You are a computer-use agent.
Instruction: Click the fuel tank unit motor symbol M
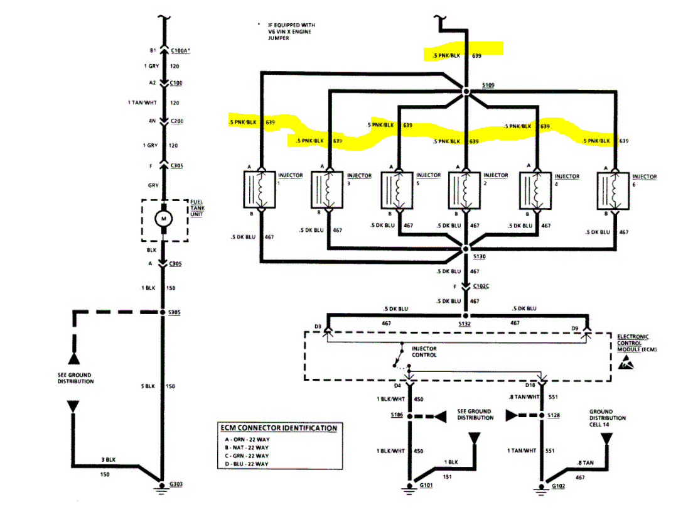point(164,219)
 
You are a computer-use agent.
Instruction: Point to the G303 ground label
point(178,484)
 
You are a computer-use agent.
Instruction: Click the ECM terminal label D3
point(318,327)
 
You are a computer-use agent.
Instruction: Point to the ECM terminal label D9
point(574,327)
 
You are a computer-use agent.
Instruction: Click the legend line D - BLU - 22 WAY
point(244,464)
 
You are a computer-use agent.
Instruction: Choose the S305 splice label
point(175,312)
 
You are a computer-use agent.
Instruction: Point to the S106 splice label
point(396,415)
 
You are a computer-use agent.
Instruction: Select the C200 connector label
point(178,121)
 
